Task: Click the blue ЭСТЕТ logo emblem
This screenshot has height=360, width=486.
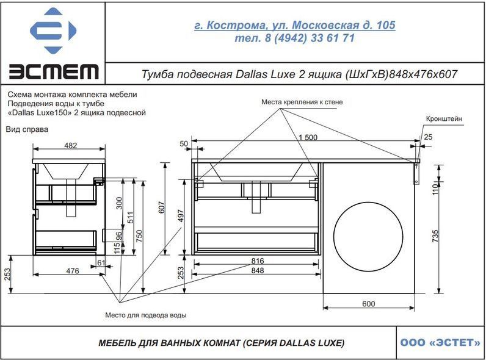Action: [53, 31]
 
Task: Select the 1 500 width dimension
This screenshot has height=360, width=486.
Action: [308, 137]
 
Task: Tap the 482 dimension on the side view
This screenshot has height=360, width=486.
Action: [71, 145]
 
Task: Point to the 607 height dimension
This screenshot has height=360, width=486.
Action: [161, 207]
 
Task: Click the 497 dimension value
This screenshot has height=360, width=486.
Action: [181, 216]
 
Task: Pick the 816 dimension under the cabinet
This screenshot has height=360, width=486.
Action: [258, 261]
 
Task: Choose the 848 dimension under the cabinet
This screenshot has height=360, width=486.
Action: [258, 270]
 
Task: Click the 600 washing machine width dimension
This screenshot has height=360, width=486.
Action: [369, 304]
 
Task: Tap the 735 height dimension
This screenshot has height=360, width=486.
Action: [435, 236]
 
